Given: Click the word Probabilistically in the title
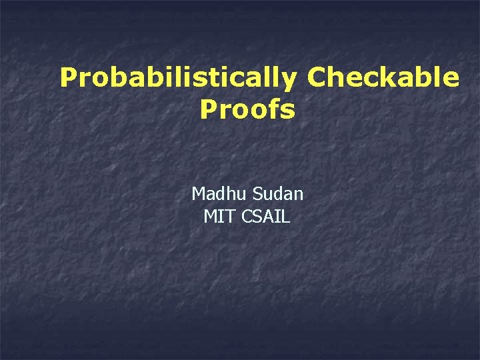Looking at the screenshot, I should [178, 79].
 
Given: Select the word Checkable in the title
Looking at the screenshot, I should [383, 78].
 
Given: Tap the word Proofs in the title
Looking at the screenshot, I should [247, 110].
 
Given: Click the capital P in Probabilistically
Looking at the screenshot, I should [67, 78].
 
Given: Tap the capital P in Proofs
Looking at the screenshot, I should [207, 110].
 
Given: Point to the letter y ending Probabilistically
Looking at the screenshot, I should [290, 81].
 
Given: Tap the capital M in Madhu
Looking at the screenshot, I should [199, 194].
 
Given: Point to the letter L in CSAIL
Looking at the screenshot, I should [286, 217].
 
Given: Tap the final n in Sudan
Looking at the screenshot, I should [298, 195].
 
